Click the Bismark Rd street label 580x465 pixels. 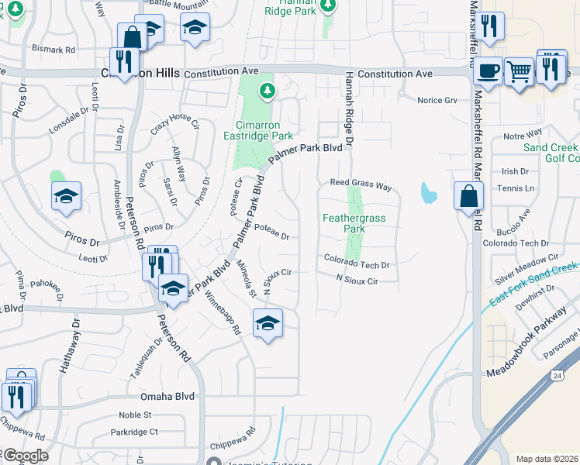coord(54,49)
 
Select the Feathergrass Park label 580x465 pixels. coord(354,223)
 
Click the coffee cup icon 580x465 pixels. coord(487,70)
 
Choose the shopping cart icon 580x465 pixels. coord(519,71)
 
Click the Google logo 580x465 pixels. coord(26,456)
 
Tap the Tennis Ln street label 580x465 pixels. coord(519,188)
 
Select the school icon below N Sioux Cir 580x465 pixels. coord(268,323)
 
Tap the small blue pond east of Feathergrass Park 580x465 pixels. coord(427,191)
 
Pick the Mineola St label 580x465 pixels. coord(247,278)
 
